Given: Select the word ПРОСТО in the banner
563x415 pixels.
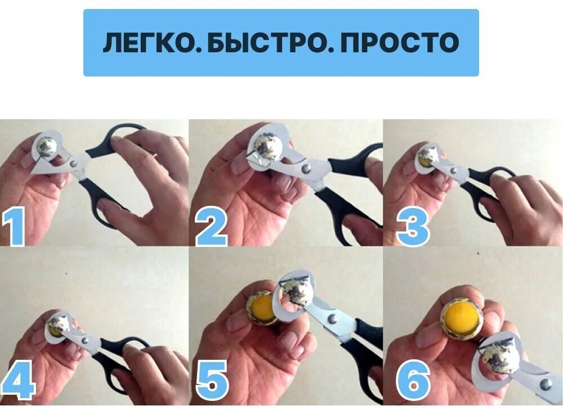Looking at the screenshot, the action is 399,43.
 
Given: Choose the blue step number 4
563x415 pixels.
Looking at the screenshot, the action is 18,380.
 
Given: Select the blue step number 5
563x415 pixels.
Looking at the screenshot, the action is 212,380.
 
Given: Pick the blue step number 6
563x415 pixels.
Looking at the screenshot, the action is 413,380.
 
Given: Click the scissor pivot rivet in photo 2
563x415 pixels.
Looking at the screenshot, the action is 306,168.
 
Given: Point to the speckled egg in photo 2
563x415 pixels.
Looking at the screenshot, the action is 267,147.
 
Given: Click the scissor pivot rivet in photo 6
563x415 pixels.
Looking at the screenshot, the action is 546,385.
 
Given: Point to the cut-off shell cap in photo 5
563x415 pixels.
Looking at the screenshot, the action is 296,292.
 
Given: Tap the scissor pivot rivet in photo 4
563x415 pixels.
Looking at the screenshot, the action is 85,340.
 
